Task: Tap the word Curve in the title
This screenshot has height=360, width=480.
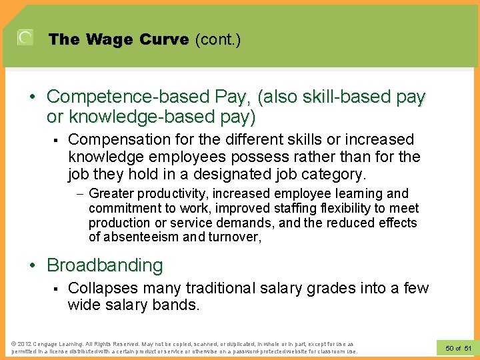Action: point(165,40)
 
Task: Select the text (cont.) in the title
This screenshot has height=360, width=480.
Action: point(217,40)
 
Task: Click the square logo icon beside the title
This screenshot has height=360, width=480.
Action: point(25,38)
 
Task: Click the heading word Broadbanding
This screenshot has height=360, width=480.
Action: point(105,265)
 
